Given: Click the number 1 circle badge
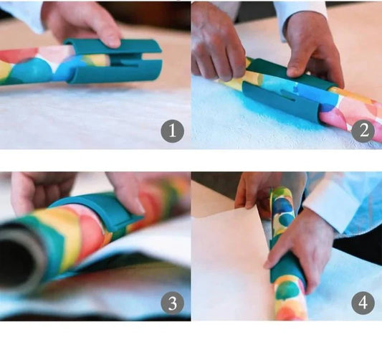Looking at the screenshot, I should [x=172, y=131].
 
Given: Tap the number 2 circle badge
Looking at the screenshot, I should [x=363, y=131].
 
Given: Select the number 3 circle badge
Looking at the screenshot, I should [x=172, y=303].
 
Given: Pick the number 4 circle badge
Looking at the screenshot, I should [x=363, y=303].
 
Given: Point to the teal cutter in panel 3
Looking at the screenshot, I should [x=100, y=212].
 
